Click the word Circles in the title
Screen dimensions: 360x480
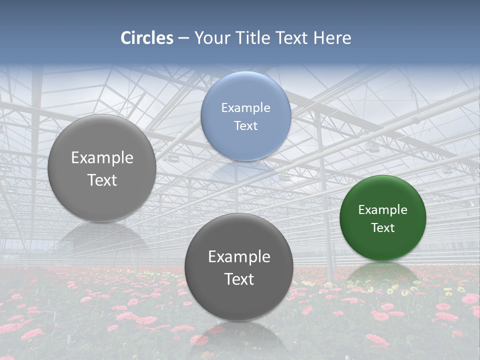click(x=147, y=38)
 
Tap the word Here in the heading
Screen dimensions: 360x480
click(x=332, y=38)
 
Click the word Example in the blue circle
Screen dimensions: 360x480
click(x=246, y=107)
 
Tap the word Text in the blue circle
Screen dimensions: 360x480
click(x=246, y=125)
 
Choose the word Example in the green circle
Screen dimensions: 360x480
click(x=383, y=209)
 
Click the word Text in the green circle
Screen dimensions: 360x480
click(x=383, y=227)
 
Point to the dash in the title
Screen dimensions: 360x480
click(x=183, y=38)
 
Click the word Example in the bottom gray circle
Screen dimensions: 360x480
click(x=239, y=256)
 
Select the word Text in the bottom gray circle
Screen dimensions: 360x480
click(x=239, y=278)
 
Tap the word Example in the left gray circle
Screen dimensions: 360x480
click(x=102, y=157)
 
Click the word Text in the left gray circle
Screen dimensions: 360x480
click(x=102, y=179)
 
